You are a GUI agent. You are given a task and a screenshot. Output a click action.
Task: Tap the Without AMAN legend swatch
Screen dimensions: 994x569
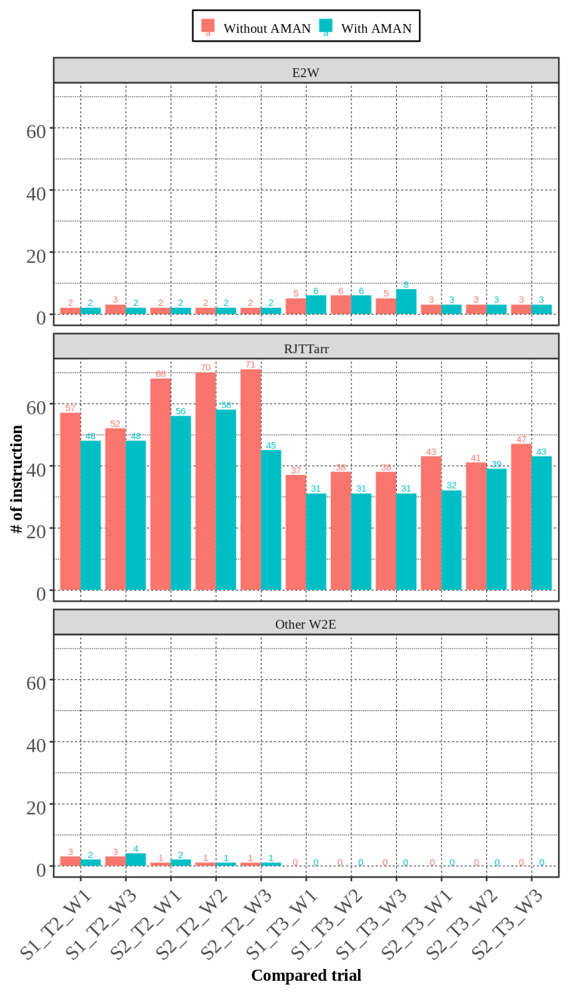tap(208, 25)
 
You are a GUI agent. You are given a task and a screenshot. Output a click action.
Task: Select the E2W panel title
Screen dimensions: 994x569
tap(306, 73)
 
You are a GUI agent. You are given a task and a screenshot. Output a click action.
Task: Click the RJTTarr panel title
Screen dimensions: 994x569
tap(306, 349)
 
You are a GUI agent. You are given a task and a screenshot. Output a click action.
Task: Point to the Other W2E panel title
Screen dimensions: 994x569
tap(306, 624)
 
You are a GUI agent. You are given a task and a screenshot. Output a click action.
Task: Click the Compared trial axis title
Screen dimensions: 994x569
tap(306, 975)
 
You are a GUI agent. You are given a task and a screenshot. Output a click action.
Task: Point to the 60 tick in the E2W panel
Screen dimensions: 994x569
tap(36, 132)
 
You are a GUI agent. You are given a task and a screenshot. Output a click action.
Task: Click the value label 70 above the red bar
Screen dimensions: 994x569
tap(206, 368)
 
